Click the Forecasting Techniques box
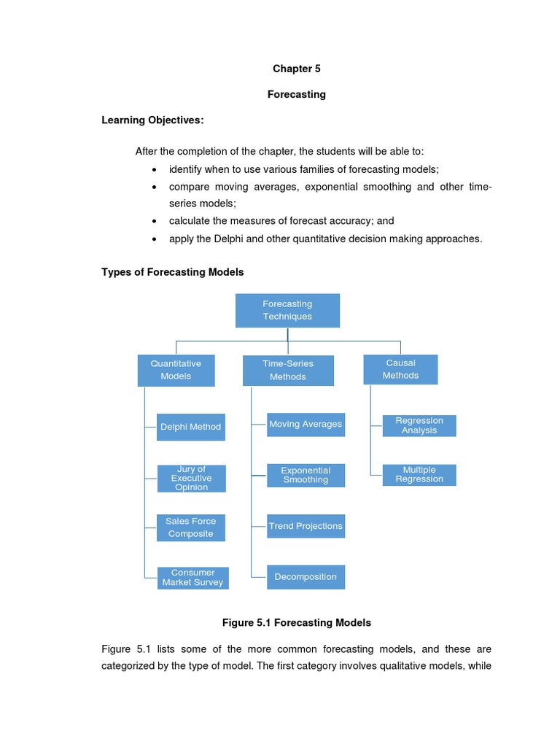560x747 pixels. click(287, 311)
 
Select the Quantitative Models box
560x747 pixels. click(176, 370)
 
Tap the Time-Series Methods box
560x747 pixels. click(288, 371)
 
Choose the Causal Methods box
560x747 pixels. click(400, 369)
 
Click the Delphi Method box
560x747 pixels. click(190, 427)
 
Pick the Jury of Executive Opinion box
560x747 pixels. click(192, 479)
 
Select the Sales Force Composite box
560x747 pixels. click(190, 527)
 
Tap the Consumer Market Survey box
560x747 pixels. click(192, 578)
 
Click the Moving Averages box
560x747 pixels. click(306, 425)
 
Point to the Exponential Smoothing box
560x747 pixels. click(306, 476)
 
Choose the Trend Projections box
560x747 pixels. click(306, 526)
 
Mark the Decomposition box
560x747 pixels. click(306, 577)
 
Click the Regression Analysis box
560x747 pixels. click(419, 426)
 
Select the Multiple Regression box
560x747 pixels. click(419, 475)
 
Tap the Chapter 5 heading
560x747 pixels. click(297, 69)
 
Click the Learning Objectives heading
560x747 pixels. click(152, 120)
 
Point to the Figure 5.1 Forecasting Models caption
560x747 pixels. click(297, 622)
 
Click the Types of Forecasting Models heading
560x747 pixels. click(172, 271)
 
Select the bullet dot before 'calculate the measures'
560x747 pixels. click(154, 221)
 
